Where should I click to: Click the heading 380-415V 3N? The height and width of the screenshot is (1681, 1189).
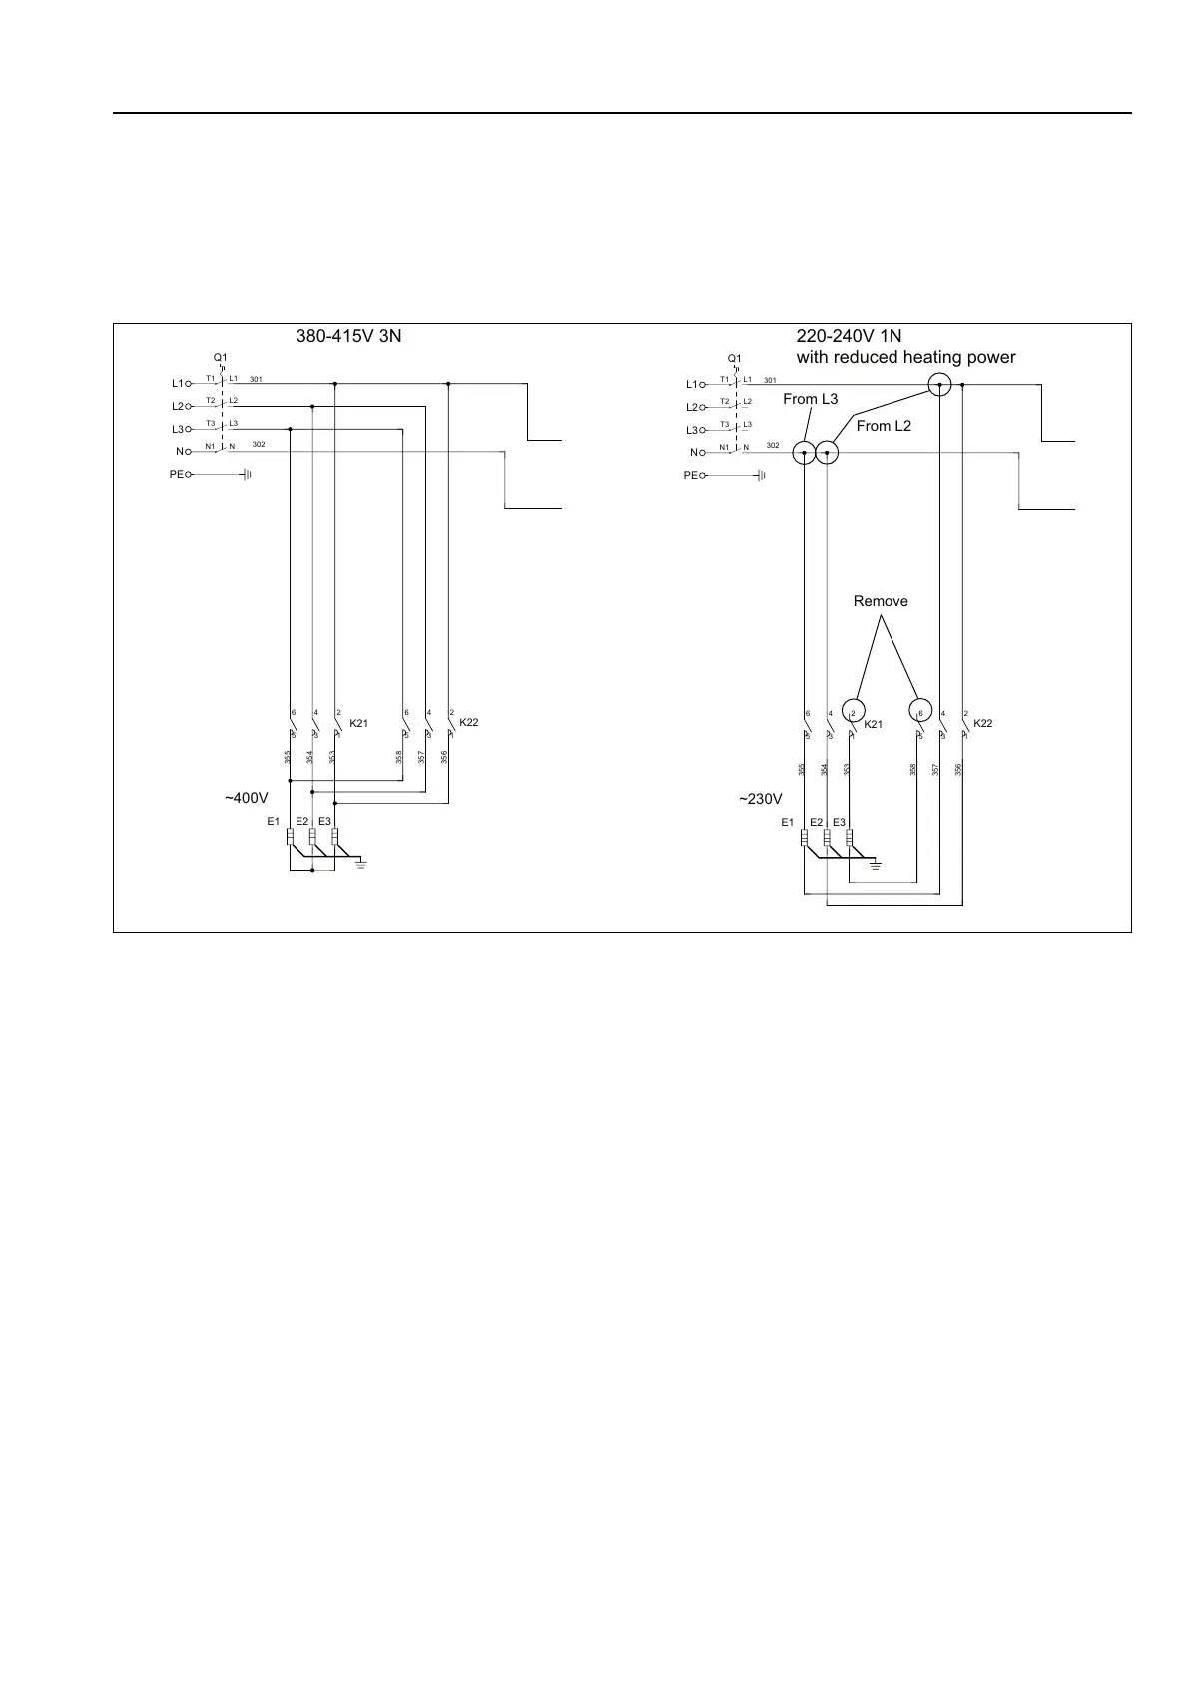[x=348, y=336]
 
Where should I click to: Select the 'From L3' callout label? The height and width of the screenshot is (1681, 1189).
[x=810, y=399]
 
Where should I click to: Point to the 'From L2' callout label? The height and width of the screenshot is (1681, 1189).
[x=884, y=426]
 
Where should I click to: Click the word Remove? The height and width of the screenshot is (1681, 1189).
[x=881, y=601]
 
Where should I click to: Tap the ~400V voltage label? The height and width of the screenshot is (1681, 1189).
[x=246, y=799]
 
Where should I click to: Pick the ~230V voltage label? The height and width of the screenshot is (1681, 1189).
[x=760, y=799]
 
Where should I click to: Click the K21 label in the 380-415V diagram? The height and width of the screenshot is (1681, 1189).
[x=359, y=723]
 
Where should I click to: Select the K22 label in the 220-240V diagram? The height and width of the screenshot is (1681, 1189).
[x=983, y=723]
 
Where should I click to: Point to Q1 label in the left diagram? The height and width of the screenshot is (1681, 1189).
[x=221, y=357]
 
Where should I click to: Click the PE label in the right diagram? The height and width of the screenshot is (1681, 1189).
[x=690, y=476]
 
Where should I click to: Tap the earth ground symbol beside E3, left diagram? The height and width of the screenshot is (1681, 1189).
[x=361, y=862]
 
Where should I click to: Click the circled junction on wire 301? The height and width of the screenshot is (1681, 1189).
[x=939, y=384]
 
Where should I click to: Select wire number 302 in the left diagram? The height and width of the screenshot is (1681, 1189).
[x=259, y=443]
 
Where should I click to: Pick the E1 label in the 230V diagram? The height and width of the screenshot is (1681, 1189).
[x=787, y=822]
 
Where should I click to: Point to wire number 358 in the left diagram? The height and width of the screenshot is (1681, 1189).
[x=398, y=758]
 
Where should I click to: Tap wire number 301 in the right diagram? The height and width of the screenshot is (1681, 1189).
[x=770, y=380]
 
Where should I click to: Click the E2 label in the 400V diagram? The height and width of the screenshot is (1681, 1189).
[x=302, y=822]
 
